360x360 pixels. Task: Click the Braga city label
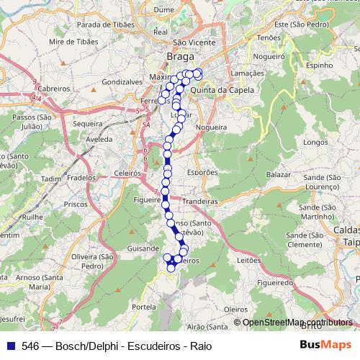click(x=180, y=55)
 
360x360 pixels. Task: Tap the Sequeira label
click(x=88, y=124)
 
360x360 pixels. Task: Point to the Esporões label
click(x=202, y=173)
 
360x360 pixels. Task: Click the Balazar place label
click(x=277, y=175)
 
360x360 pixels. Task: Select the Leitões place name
click(x=248, y=261)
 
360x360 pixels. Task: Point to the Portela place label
click(x=144, y=306)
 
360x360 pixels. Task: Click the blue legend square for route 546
click(x=9, y=346)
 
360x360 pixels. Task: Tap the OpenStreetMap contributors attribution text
click(x=297, y=323)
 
